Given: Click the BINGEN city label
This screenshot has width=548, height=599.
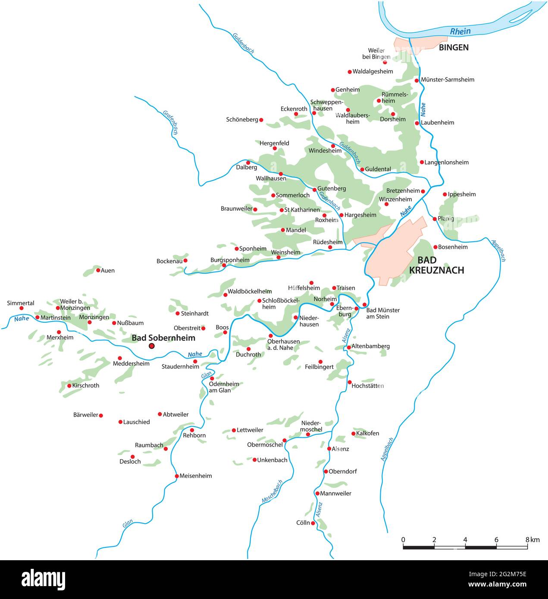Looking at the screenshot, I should coord(454,47).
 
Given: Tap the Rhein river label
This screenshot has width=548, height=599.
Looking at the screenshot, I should coord(460,31).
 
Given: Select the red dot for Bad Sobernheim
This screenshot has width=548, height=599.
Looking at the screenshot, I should coord(151,346).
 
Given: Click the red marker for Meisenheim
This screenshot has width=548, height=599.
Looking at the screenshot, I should coord(177,476).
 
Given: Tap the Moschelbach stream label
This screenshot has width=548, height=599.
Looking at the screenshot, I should coord(272,491).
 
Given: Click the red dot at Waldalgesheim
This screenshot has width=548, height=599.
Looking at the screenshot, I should coord(350,72).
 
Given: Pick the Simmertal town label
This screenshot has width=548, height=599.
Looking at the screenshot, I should coord(21,303).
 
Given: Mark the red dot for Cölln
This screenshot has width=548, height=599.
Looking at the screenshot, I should coord(313,523).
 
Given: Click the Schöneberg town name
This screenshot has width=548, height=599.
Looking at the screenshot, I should coord(242,119).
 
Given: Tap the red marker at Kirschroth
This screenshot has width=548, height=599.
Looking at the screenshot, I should coord(69,386).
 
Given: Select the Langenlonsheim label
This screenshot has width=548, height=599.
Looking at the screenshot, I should coord(446,162).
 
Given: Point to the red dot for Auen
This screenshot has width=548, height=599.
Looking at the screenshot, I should coord(98,270).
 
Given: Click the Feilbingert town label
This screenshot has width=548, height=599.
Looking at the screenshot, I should coord(319,367).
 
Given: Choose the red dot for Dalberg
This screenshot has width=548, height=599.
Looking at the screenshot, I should coord(248,162).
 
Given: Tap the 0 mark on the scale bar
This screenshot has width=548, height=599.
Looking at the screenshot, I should coord(403,540).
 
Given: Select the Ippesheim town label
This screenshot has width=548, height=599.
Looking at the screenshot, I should coord(462,194).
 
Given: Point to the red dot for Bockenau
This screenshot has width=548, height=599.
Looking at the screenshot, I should coord(185,260).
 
